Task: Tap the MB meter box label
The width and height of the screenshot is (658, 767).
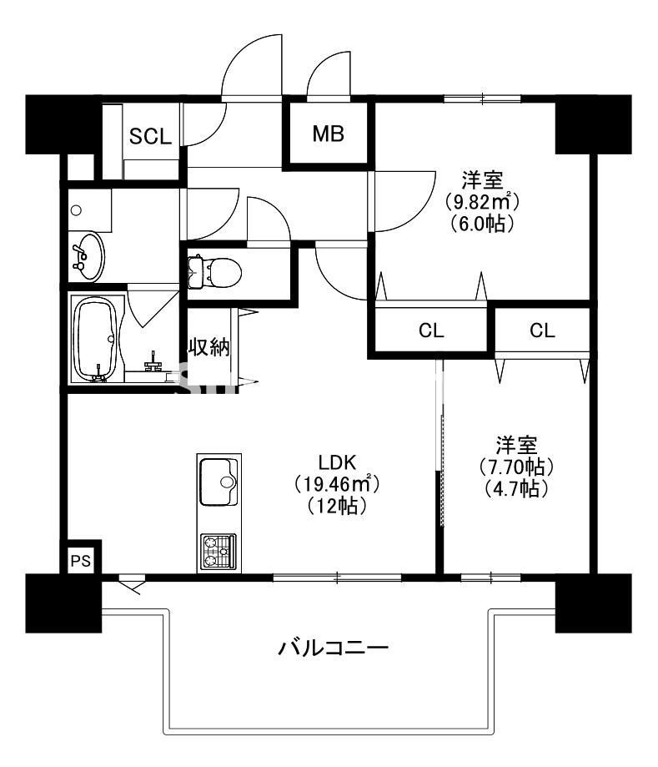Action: tap(329, 134)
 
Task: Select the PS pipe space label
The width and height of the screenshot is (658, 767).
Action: tap(80, 561)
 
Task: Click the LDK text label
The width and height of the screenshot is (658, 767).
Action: tap(338, 462)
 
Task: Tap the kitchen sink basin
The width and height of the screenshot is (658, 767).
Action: tap(218, 482)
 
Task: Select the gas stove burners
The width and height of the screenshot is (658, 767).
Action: tap(218, 552)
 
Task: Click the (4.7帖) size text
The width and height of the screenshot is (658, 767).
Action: tap(517, 489)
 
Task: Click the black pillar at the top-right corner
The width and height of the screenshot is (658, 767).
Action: tap(592, 124)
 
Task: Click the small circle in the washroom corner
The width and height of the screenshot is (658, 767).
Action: tap(76, 210)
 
